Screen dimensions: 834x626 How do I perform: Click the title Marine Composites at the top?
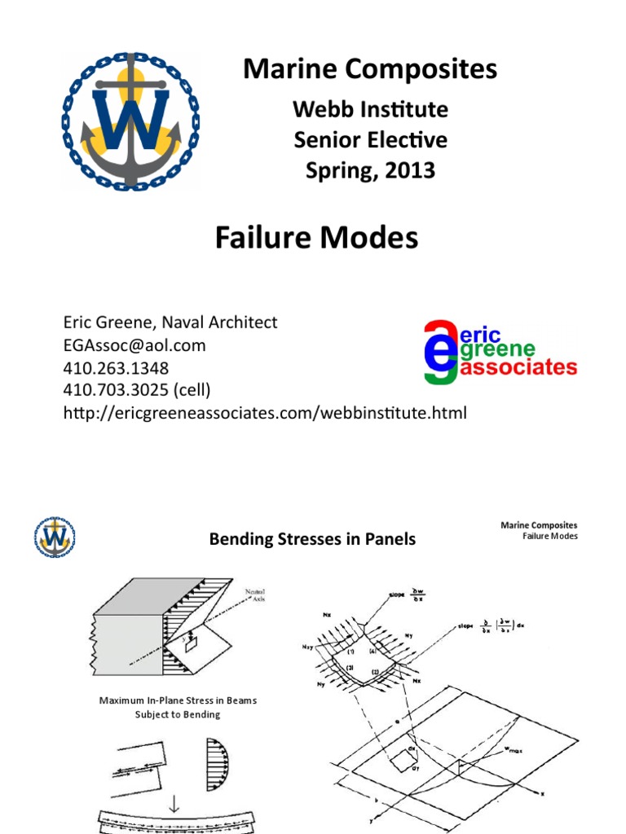[x=370, y=70]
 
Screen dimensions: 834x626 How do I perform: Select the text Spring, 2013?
[x=370, y=171]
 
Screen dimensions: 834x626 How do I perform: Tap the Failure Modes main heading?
[x=316, y=238]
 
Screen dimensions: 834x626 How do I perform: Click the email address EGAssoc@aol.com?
[x=134, y=345]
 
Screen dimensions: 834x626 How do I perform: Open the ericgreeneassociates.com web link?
[x=265, y=414]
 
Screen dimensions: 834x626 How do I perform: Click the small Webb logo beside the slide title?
[x=55, y=537]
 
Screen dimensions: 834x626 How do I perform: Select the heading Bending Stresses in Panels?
[x=312, y=539]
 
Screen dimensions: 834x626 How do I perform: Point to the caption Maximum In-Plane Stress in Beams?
[x=178, y=700]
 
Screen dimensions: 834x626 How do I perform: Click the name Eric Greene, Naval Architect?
[x=170, y=323]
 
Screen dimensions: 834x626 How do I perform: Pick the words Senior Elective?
[x=370, y=140]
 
